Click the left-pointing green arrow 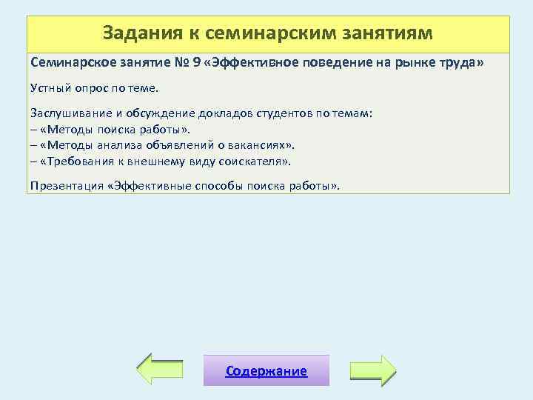(x=161, y=370)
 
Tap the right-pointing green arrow (x=373, y=370)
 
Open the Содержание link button (x=266, y=371)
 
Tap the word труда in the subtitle (x=462, y=64)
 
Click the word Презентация (x=66, y=185)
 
